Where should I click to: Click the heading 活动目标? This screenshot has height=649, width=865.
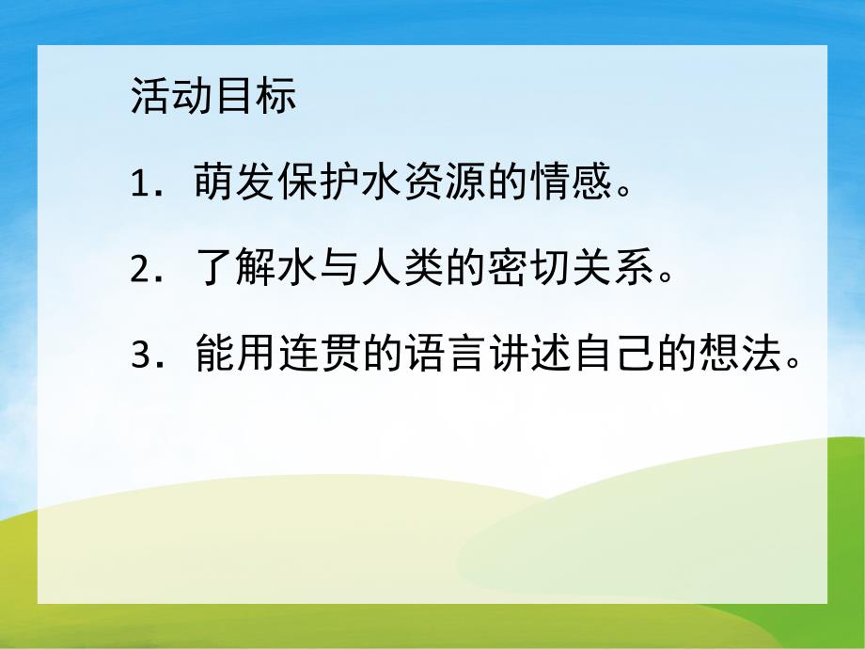[213, 98]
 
